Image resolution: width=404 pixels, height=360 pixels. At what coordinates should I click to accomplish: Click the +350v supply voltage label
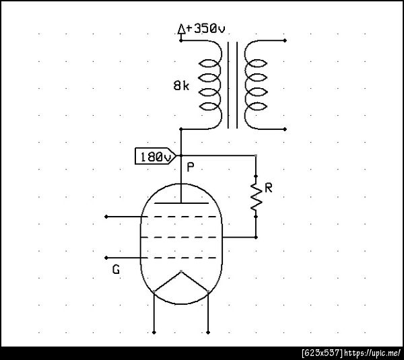[x=205, y=28]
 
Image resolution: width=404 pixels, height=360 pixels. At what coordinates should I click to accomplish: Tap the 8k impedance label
[x=181, y=85]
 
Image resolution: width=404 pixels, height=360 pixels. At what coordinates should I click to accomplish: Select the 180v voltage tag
[x=156, y=156]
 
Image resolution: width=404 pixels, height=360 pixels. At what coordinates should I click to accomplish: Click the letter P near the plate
[x=190, y=168]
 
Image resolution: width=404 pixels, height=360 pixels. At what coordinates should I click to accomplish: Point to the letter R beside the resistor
[x=269, y=188]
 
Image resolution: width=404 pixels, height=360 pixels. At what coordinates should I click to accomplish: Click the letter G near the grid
[x=116, y=269]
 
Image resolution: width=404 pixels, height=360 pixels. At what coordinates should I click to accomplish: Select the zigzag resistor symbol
[x=256, y=196]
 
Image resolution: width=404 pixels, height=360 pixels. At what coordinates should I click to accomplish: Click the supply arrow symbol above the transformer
[x=181, y=29]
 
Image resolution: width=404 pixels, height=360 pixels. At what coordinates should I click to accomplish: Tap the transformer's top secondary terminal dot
[x=285, y=40]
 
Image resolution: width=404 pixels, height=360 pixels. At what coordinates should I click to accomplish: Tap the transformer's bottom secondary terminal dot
[x=285, y=129]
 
